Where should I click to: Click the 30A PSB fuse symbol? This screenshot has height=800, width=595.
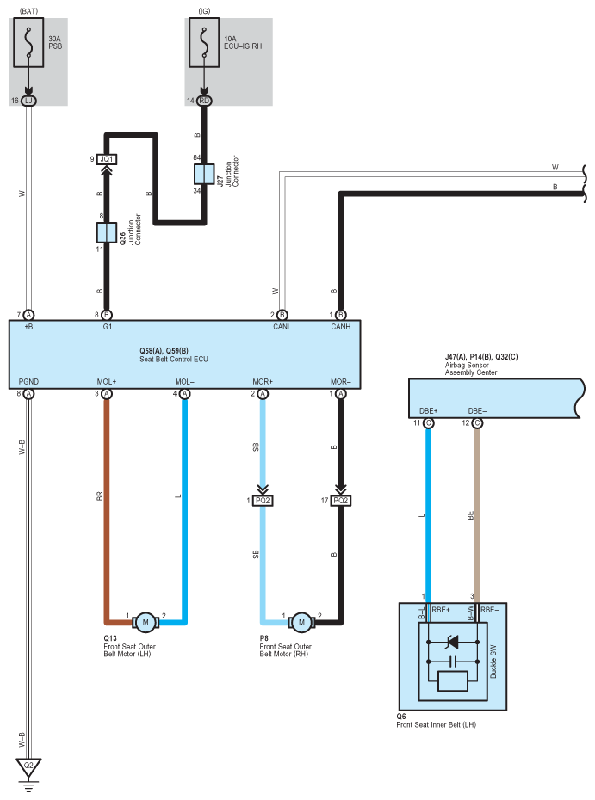point(28,42)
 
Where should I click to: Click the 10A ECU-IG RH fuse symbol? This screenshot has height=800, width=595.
point(204,42)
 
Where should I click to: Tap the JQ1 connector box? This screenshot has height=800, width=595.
point(107,159)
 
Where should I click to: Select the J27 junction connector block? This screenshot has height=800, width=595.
point(204,174)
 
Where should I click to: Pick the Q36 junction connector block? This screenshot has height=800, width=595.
point(106,232)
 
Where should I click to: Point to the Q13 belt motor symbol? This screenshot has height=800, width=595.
point(145,622)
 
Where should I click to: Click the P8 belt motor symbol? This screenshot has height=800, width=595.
point(301,622)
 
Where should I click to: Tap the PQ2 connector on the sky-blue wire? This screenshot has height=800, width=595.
point(263,501)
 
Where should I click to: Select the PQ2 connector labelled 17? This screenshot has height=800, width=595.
point(341,501)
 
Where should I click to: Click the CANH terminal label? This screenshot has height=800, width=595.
point(341,327)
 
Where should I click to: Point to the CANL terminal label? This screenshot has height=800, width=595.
point(282,327)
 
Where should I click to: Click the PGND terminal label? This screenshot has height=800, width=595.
point(28,382)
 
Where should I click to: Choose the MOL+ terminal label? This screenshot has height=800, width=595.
point(107,382)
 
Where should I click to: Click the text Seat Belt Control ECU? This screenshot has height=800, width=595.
point(174,360)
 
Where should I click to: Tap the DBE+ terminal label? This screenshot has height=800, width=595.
point(429,410)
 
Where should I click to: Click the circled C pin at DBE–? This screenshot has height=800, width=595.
point(477,423)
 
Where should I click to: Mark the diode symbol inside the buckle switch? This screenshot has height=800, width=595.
point(451,642)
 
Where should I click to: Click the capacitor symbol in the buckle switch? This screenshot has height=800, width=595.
point(451,662)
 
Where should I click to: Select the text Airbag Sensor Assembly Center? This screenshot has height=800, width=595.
point(470,369)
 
